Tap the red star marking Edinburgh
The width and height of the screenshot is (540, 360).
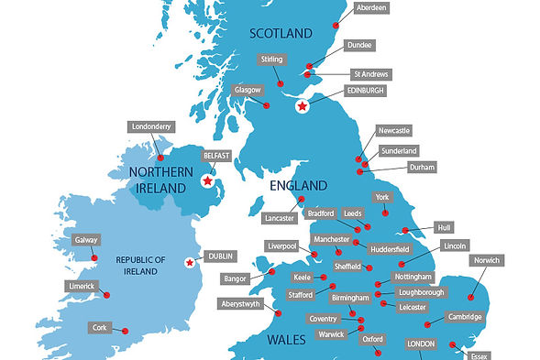pos(302,107)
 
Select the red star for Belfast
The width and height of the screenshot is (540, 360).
pos(208,181)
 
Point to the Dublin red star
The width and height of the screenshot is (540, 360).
pos(190,263)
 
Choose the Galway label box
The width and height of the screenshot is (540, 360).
pos(85,240)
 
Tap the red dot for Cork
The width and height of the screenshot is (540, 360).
pos(125,331)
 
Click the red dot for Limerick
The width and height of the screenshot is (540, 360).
pos(107,295)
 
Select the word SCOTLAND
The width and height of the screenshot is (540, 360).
pos(281,34)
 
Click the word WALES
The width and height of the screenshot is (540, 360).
pos(287,340)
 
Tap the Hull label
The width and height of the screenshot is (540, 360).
pos(445,226)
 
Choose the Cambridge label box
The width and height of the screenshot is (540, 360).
pos(465,317)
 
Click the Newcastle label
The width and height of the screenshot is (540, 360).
pos(400,131)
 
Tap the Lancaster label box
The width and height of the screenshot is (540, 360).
pos(279,218)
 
